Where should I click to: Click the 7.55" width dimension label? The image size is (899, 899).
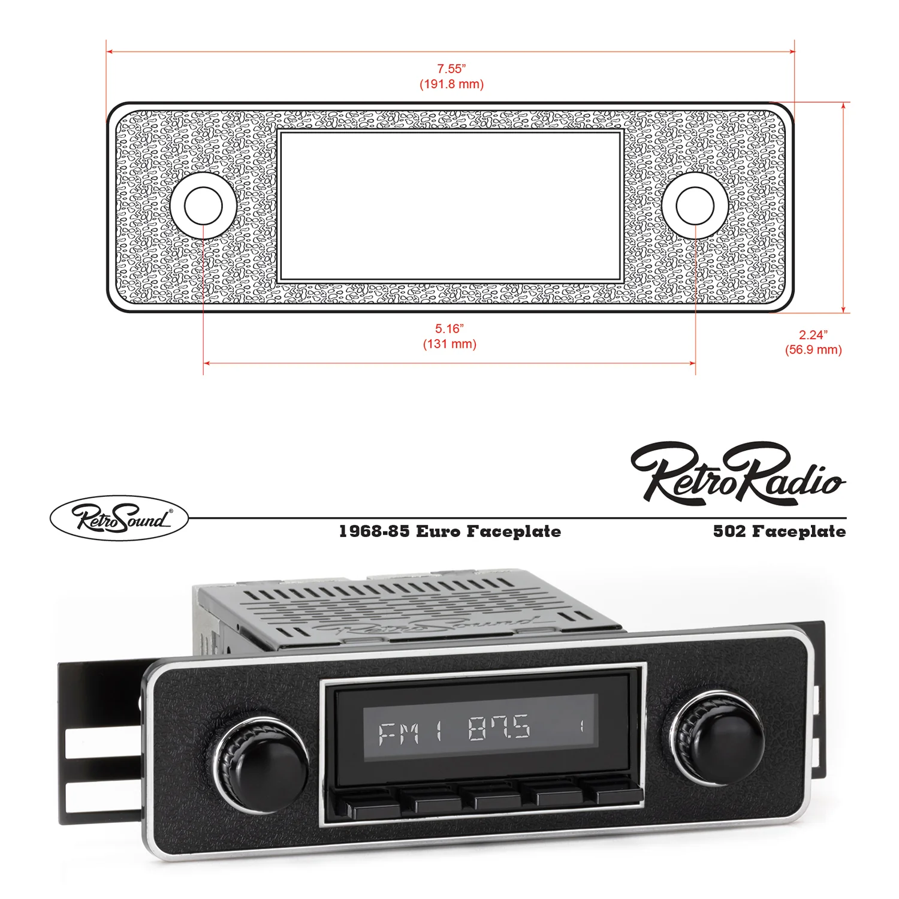pos(451,69)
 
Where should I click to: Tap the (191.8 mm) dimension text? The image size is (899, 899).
pos(451,84)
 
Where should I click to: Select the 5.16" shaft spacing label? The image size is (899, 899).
pos(450,328)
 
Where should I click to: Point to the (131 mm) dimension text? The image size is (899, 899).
pos(450,344)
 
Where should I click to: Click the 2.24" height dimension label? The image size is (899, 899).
pos(813,335)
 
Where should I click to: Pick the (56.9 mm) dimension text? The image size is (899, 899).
pos(813,350)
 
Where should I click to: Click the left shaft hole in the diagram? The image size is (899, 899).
pos(203,206)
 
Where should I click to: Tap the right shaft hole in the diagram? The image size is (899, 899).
pos(695,206)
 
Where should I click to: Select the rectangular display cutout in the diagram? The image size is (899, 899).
pos(450,206)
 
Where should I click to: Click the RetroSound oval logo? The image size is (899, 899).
pos(119,518)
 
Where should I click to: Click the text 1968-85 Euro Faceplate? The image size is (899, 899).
pos(450,532)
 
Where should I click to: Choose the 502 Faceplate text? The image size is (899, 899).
pos(779,532)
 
